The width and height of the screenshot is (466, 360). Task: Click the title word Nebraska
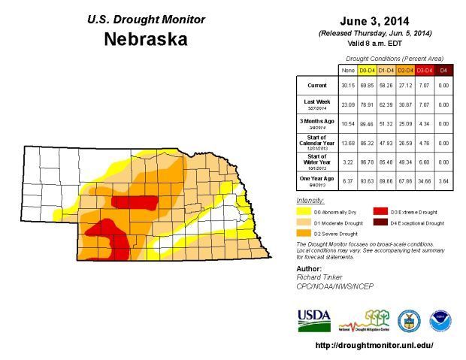[x=146, y=40]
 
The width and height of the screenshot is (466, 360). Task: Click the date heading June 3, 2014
[x=374, y=20]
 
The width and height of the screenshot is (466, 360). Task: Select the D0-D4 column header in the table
[x=367, y=70]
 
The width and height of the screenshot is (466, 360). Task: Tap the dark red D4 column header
[x=443, y=70]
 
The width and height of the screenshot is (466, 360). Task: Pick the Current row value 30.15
[x=347, y=86]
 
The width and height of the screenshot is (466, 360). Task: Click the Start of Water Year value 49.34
[x=404, y=161]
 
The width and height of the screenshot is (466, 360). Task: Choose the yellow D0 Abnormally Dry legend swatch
[x=304, y=213]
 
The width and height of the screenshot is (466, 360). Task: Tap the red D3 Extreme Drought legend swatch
[x=381, y=213]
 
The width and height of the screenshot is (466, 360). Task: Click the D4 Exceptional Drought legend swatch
[x=381, y=223]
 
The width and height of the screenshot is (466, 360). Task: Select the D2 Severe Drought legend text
[x=336, y=234]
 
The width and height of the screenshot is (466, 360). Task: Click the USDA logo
[x=313, y=320]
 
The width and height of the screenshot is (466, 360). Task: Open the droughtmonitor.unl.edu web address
[x=374, y=346]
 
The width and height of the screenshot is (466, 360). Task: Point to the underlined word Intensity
[x=310, y=201]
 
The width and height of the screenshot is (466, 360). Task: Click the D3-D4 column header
[x=424, y=70]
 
